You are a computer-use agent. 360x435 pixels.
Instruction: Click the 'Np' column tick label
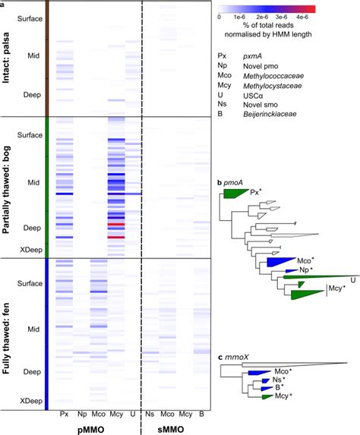(x=81, y=415)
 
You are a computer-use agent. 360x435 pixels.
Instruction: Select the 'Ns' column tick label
(x=150, y=415)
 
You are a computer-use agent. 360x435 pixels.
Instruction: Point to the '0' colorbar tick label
(x=220, y=15)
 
